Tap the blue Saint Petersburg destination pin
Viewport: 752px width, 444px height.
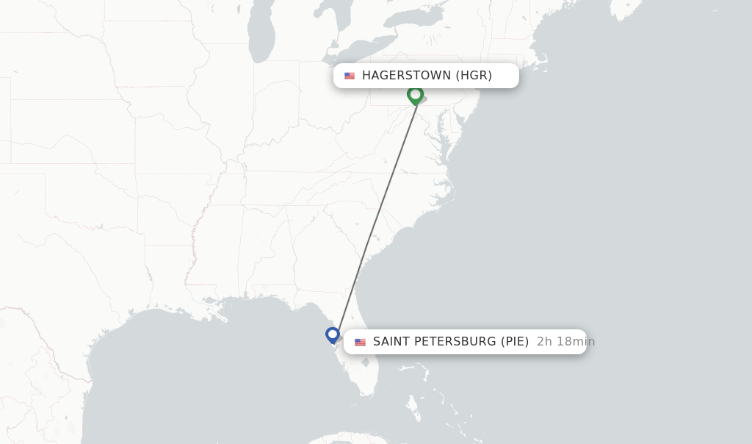pos(333,335)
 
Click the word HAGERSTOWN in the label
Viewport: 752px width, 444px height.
pos(405,76)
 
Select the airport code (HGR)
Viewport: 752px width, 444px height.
pos(474,76)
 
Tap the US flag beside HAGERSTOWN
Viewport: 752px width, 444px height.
pos(350,76)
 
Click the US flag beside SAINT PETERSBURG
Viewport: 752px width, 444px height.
pos(360,342)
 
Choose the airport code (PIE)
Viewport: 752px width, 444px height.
pos(515,342)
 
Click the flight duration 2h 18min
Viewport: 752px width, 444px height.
pos(565,342)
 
